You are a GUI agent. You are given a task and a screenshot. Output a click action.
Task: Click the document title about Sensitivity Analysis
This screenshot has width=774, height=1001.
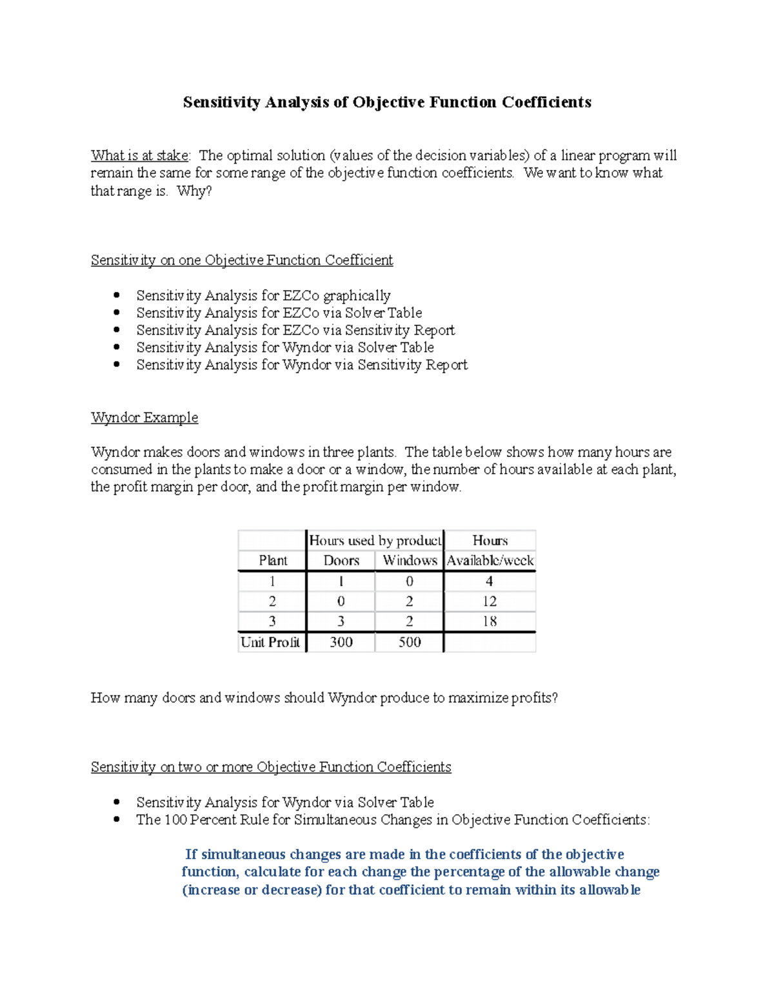(387, 102)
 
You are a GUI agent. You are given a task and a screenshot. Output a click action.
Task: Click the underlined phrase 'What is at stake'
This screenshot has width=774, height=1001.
(140, 155)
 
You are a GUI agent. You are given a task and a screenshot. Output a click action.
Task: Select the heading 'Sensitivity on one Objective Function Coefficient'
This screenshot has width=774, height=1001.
(242, 260)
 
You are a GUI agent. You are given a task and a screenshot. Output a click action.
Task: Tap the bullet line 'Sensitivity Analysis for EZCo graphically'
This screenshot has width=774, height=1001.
(263, 295)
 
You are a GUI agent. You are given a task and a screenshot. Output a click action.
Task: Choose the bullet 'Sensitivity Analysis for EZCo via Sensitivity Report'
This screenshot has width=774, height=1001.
(295, 330)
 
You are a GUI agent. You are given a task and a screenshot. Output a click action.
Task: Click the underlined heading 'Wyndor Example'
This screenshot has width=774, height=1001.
(144, 417)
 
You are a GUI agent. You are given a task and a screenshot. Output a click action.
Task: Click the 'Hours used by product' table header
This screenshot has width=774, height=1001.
(375, 540)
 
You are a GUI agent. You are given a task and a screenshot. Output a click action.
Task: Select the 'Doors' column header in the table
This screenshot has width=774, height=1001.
(341, 560)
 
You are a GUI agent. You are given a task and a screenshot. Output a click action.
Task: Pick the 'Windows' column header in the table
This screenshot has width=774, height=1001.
(410, 560)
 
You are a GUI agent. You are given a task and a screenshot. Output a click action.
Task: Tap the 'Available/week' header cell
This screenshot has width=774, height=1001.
(490, 560)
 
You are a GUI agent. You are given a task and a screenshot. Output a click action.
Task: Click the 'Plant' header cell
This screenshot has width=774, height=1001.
(273, 560)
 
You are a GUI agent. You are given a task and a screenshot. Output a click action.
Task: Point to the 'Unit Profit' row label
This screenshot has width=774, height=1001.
(270, 642)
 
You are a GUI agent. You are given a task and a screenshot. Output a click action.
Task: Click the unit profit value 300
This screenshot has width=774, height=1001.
(341, 642)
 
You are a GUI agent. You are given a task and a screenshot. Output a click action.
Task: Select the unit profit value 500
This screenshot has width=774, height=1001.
(410, 642)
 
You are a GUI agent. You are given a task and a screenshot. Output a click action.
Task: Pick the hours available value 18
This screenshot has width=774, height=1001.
(490, 621)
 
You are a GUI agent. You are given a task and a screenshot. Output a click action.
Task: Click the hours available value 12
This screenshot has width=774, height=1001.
(490, 601)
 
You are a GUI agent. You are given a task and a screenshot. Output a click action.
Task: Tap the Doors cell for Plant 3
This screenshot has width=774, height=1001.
(341, 621)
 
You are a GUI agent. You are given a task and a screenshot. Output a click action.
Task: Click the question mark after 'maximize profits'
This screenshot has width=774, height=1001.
(554, 698)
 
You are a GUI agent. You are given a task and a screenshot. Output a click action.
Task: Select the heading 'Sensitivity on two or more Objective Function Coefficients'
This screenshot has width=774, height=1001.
(271, 766)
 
